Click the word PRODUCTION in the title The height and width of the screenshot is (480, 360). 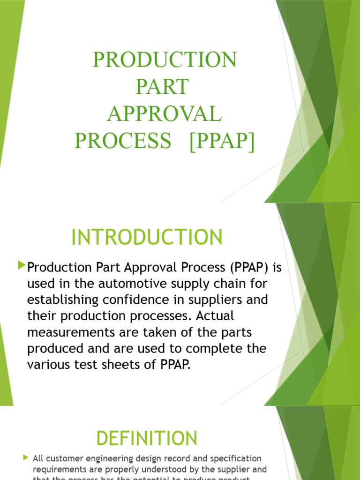coord(165,60)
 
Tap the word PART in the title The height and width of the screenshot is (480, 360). coord(162,87)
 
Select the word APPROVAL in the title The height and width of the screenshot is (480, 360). coord(164,114)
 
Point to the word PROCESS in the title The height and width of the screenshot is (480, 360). coord(123,141)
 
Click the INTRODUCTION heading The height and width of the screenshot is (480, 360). coord(147,237)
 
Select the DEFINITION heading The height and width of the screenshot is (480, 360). coord(147,439)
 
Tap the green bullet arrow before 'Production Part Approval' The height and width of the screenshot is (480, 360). coord(22,266)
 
